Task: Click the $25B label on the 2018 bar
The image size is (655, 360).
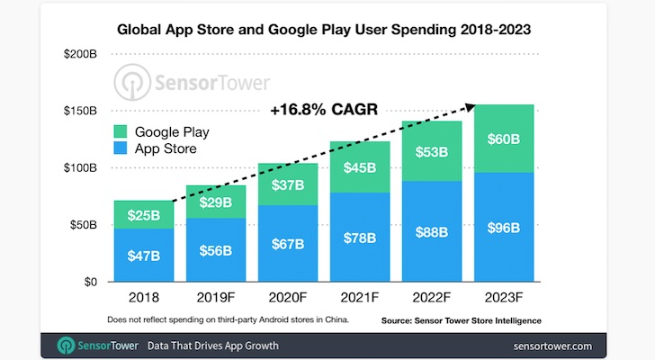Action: [144, 216]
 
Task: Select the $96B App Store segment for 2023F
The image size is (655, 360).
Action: [503, 228]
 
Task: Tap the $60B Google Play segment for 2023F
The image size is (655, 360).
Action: [503, 139]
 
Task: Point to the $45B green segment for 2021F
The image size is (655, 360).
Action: [359, 167]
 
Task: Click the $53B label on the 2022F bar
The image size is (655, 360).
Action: [431, 151]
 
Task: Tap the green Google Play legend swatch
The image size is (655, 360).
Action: [120, 131]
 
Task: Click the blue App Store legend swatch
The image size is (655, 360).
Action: [120, 148]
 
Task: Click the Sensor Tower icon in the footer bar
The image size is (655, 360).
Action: [66, 346]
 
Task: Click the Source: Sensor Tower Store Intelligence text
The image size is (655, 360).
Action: [461, 320]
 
